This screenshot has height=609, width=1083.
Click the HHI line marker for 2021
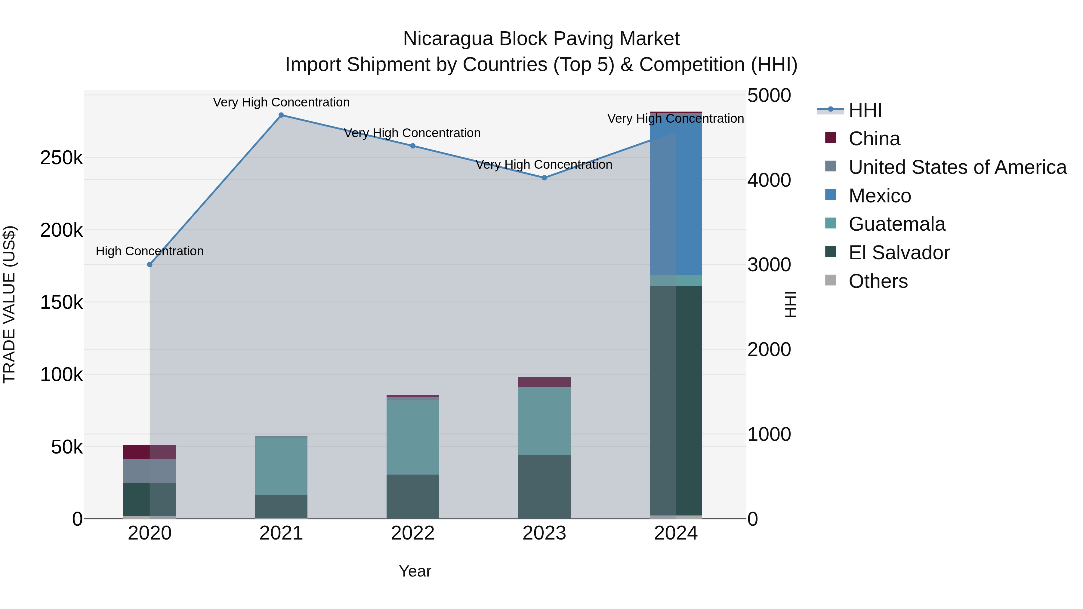pos(281,115)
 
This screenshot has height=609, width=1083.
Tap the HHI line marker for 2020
pos(150,264)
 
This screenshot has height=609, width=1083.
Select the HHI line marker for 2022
pos(413,146)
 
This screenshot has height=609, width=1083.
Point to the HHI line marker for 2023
pos(545,178)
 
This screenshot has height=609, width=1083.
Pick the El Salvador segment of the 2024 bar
pos(676,399)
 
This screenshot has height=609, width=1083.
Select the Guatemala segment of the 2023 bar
pos(545,420)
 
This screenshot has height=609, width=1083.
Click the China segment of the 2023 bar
pos(545,382)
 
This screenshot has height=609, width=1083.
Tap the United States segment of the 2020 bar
pos(150,471)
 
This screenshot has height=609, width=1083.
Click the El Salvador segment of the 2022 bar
pos(413,496)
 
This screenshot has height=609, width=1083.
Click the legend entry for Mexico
pos(880,196)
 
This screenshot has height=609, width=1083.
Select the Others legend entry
pos(878,281)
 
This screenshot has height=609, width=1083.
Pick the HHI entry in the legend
pos(865,110)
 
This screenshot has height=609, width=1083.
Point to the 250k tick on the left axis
pos(61,158)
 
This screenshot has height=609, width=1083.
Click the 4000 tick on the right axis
pos(769,180)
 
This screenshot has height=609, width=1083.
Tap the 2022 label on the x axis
pos(413,533)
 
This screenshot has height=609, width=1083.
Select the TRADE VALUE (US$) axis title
pos(9,304)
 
